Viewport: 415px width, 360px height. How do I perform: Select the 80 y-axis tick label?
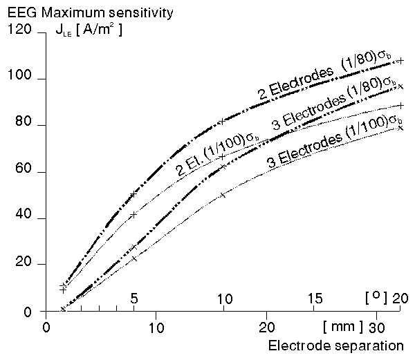click(x=20, y=125)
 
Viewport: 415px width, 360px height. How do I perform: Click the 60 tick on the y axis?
click(x=20, y=172)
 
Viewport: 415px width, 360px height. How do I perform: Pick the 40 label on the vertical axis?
click(x=20, y=218)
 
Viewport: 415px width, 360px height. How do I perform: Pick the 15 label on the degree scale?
click(x=314, y=298)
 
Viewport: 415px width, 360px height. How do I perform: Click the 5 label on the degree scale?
click(x=135, y=298)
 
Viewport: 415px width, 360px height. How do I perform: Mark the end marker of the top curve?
click(x=401, y=61)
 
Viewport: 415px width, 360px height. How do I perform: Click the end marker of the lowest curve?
click(x=401, y=127)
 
